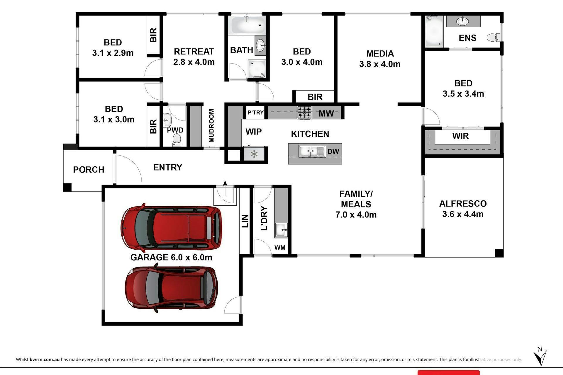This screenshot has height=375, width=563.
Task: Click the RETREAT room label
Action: point(194,52)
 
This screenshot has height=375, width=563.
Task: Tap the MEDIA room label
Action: point(380,54)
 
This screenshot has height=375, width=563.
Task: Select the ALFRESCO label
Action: point(463,204)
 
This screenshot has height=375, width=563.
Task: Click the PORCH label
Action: point(89,170)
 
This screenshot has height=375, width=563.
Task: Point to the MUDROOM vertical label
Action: point(211,126)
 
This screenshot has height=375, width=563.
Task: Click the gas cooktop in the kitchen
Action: point(304,112)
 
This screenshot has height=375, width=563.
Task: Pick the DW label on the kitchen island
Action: point(333,151)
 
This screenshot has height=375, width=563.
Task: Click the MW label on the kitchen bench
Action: point(326,113)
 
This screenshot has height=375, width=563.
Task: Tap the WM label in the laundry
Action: point(280,248)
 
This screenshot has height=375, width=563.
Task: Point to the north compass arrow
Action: point(540,357)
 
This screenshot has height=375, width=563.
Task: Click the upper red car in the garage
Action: point(171,228)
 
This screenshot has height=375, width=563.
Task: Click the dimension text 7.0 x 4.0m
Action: point(356,215)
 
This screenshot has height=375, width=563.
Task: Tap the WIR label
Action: point(460,136)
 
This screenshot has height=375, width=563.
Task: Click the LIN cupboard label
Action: point(245,221)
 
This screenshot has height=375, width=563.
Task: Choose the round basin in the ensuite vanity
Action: point(463,21)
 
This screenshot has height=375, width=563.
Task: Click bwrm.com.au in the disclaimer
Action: point(45,359)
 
